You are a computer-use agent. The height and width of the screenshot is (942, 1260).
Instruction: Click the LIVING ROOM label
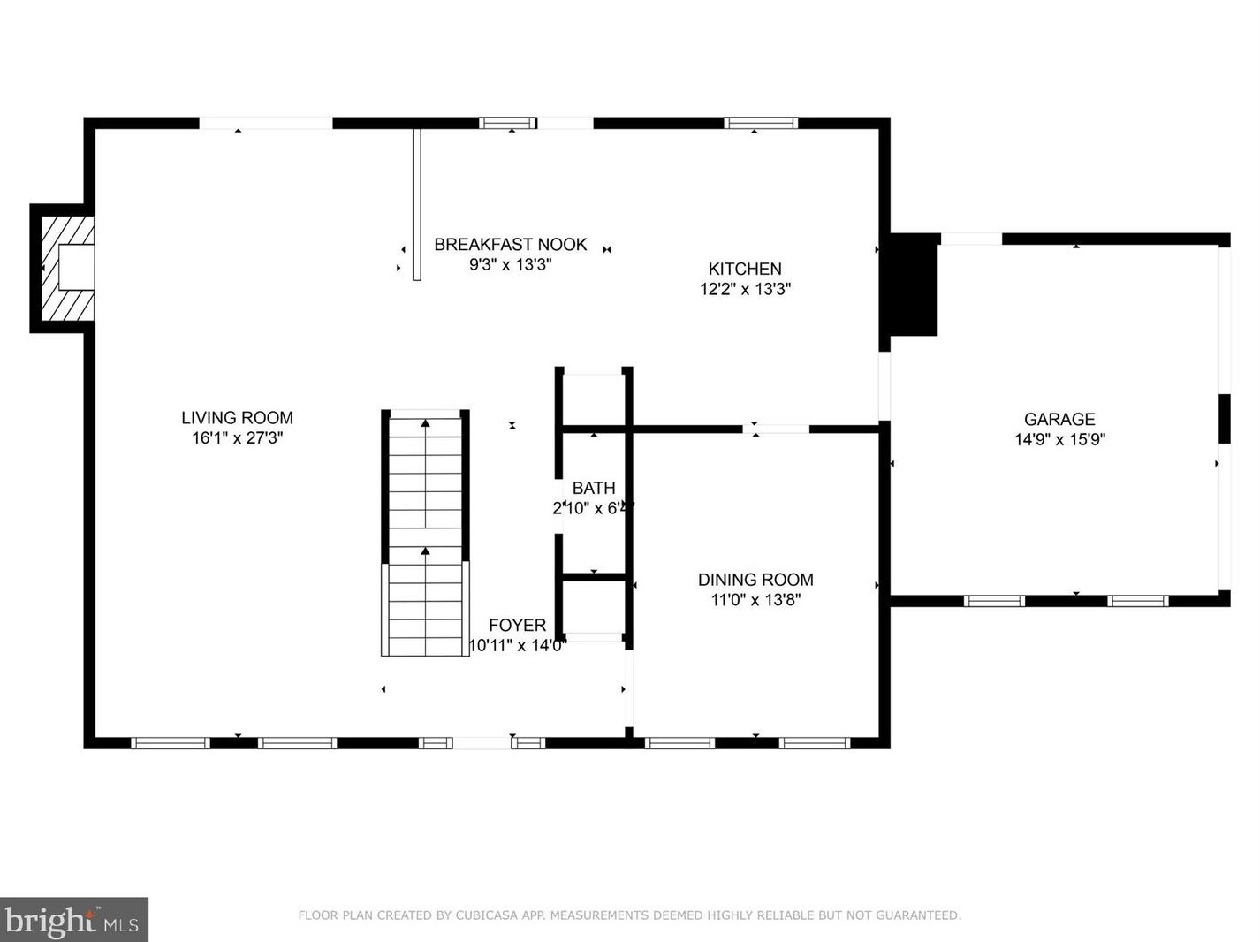click(x=237, y=418)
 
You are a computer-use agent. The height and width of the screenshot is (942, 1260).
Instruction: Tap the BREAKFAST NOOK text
click(x=510, y=245)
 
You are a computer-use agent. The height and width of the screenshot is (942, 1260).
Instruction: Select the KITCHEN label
click(x=745, y=270)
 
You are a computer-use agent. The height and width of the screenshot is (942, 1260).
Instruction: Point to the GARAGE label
click(x=1059, y=420)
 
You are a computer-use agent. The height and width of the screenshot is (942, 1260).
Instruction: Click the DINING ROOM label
click(x=755, y=580)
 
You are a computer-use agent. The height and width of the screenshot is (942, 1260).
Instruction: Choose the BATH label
click(x=594, y=488)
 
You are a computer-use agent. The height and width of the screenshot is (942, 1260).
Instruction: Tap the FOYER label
click(x=517, y=626)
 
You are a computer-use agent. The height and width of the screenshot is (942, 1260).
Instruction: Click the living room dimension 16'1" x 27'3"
click(x=237, y=438)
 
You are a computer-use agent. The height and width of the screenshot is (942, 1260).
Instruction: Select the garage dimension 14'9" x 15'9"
click(x=1059, y=440)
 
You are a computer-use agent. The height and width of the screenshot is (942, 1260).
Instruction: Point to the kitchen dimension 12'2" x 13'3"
click(x=745, y=289)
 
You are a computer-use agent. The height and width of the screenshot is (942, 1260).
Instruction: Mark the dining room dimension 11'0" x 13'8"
click(x=755, y=600)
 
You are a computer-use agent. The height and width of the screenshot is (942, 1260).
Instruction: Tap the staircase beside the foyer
click(x=425, y=534)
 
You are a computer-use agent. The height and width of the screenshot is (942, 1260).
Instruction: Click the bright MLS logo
click(x=73, y=920)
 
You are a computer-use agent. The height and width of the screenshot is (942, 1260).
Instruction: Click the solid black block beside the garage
click(x=914, y=285)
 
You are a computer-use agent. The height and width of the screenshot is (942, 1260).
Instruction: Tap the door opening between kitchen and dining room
click(x=776, y=429)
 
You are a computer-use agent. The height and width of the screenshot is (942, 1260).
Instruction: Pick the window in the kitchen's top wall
click(x=761, y=124)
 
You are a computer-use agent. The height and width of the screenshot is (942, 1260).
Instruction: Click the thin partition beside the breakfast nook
click(x=417, y=204)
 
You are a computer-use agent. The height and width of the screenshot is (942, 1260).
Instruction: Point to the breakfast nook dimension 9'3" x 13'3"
click(x=510, y=264)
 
